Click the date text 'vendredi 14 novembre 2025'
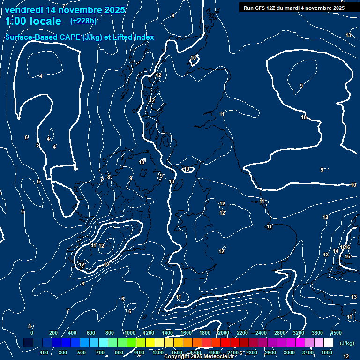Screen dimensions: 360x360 [65, 10]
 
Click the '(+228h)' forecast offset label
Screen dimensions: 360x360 [83, 21]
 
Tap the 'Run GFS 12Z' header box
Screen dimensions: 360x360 [294, 7]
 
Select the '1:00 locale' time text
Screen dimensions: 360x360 [33, 21]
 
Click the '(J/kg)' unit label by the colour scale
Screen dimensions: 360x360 [346, 343]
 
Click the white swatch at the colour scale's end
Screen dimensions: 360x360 [328, 343]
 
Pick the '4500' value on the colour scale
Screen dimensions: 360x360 [336, 333]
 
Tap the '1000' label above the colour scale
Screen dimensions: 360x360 [129, 333]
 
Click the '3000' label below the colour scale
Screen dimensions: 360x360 [289, 352]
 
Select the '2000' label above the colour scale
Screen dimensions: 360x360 [223, 333]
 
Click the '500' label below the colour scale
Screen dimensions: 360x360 [82, 352]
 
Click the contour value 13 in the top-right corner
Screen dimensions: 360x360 [348, 36]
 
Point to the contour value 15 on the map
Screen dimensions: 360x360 [342, 247]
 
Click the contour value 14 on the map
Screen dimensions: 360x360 [336, 251]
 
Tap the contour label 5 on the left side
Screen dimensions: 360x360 [37, 145]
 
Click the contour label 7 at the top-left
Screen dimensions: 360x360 [64, 6]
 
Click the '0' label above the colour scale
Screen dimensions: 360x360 [32, 333]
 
